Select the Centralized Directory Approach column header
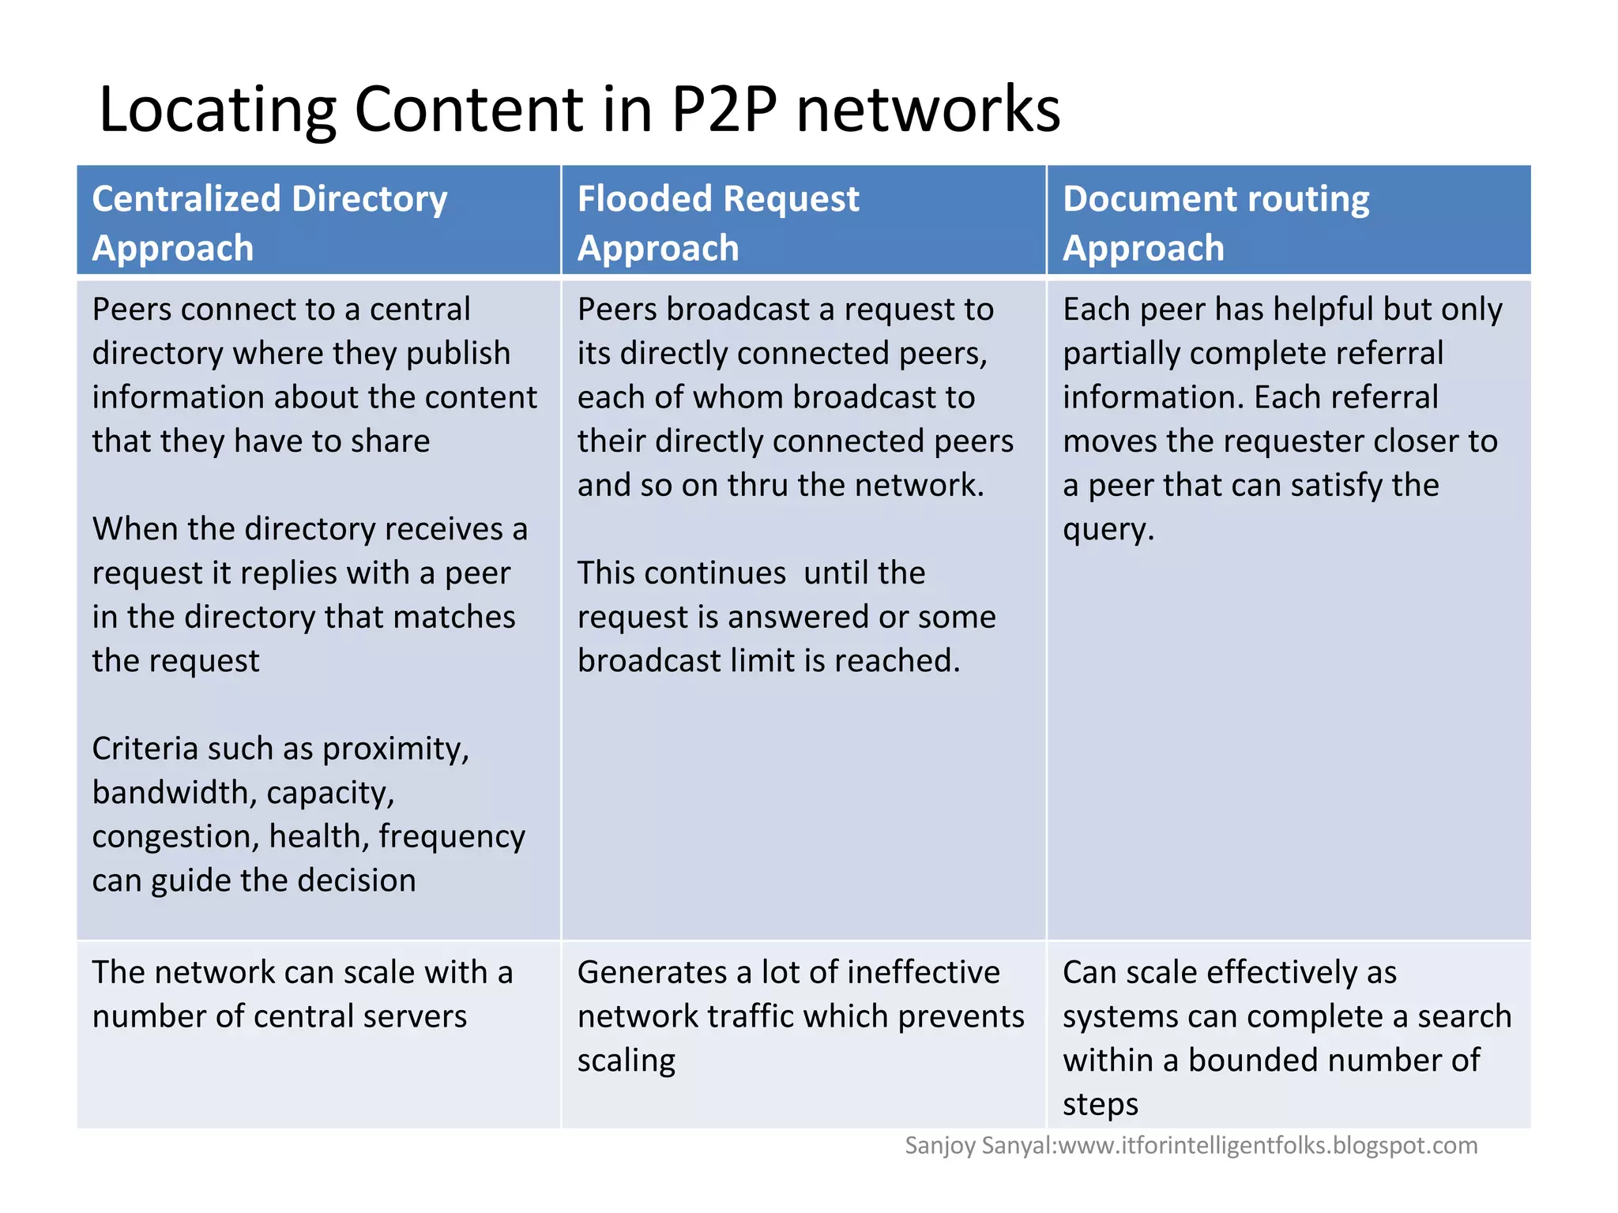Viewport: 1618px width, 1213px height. [318, 221]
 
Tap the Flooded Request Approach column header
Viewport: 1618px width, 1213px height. [803, 221]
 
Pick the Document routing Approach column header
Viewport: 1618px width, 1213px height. [1288, 221]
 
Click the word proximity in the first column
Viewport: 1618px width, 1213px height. [395, 749]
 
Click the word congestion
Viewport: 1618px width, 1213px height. [175, 836]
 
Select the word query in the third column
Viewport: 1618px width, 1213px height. [1107, 529]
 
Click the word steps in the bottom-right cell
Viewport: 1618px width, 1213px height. [1100, 1104]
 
